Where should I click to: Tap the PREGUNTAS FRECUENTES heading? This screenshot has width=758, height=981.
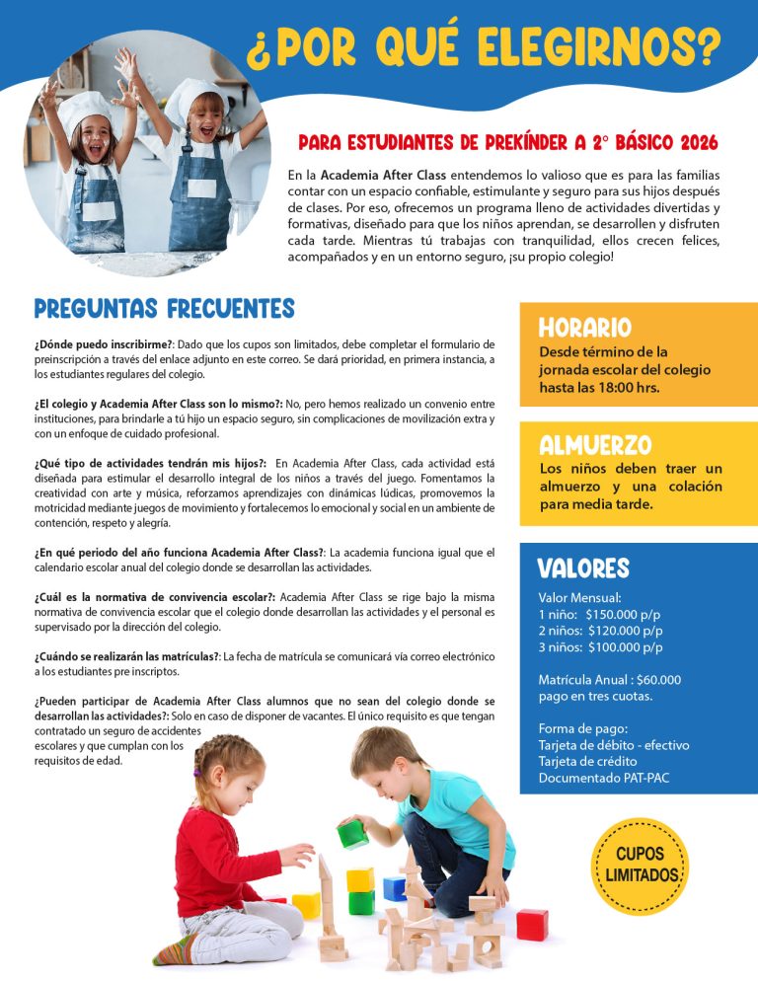click(x=164, y=309)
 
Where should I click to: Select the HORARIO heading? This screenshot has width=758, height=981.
click(x=584, y=328)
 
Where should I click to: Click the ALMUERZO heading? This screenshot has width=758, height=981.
click(x=595, y=445)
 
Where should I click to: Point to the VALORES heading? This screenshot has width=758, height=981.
click(x=582, y=568)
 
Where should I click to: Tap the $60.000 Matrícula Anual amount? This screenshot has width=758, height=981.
click(x=658, y=680)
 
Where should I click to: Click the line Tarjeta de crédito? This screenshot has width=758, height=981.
click(x=587, y=762)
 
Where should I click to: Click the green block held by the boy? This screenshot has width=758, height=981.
click(x=352, y=835)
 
